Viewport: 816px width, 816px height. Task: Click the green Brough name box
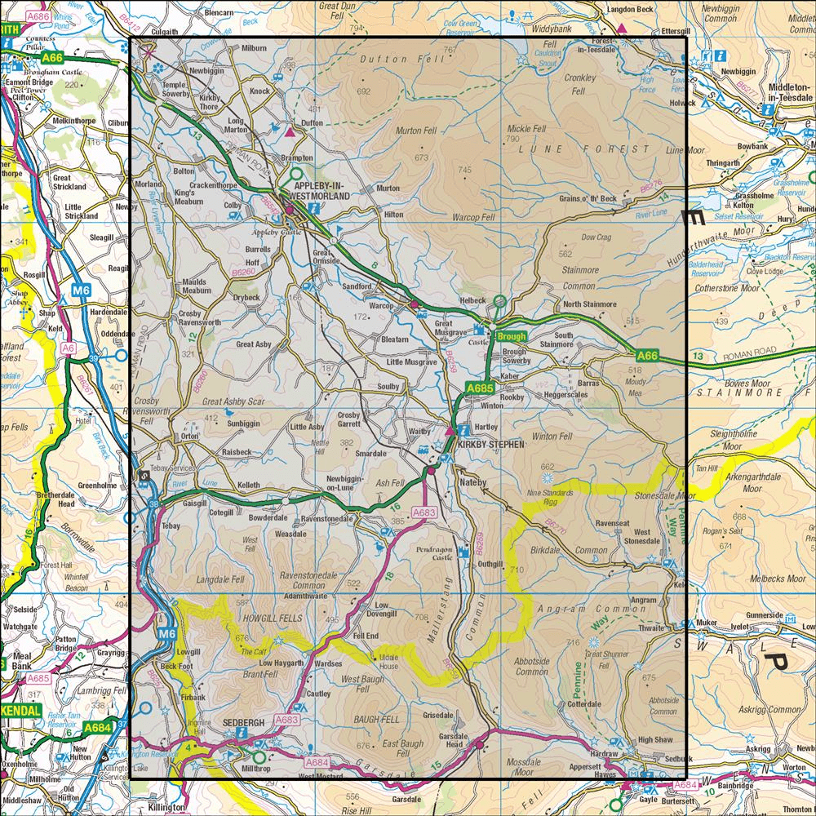pyautogui.click(x=511, y=336)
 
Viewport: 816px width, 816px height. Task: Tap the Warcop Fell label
pyautogui.click(x=473, y=218)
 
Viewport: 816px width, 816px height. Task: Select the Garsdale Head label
pyautogui.click(x=454, y=739)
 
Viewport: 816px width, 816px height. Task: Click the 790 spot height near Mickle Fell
pyautogui.click(x=512, y=140)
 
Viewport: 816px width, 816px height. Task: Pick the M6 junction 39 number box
pyautogui.click(x=95, y=358)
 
